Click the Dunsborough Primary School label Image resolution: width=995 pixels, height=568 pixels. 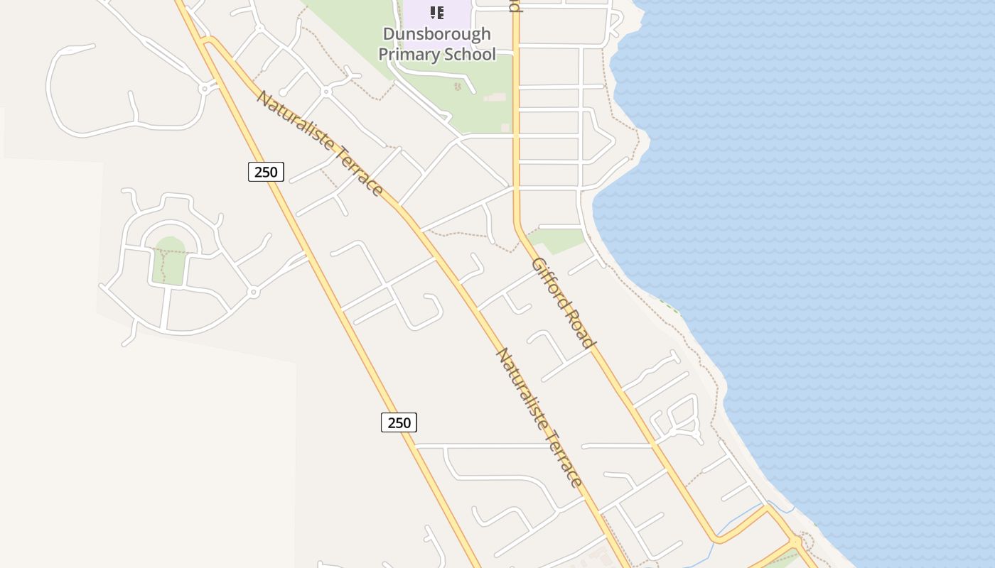click(436, 44)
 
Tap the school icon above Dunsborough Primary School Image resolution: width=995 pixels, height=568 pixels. click(437, 13)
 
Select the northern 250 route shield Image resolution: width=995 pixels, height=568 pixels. click(266, 171)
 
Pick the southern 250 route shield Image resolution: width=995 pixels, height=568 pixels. click(399, 422)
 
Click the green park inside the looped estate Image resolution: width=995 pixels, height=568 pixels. click(170, 261)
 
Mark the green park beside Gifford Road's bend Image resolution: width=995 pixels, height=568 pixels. click(558, 240)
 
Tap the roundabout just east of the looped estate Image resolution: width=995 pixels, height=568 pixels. click(254, 292)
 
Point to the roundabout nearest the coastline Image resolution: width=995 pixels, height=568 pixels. click(795, 541)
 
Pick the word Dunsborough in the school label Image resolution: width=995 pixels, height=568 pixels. click(436, 34)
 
